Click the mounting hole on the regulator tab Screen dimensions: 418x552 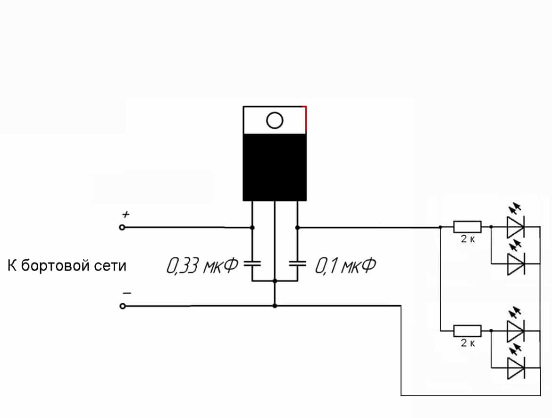tap(274, 120)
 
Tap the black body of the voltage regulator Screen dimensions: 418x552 tap(275, 167)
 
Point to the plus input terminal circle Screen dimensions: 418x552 tap(123, 227)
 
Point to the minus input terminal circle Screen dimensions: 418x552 tap(123, 306)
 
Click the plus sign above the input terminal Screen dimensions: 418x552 tap(125, 214)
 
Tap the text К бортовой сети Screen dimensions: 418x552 tap(67, 266)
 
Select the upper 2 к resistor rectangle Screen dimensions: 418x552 tap(467, 227)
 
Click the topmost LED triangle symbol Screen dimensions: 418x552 tap(515, 227)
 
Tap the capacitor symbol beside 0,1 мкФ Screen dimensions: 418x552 tap(297, 263)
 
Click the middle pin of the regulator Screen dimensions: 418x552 tap(275, 236)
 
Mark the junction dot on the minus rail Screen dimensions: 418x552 tap(275, 306)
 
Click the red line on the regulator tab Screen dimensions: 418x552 tap(306, 119)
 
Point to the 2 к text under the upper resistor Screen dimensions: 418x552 tap(468, 239)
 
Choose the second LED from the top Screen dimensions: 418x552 tap(515, 264)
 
